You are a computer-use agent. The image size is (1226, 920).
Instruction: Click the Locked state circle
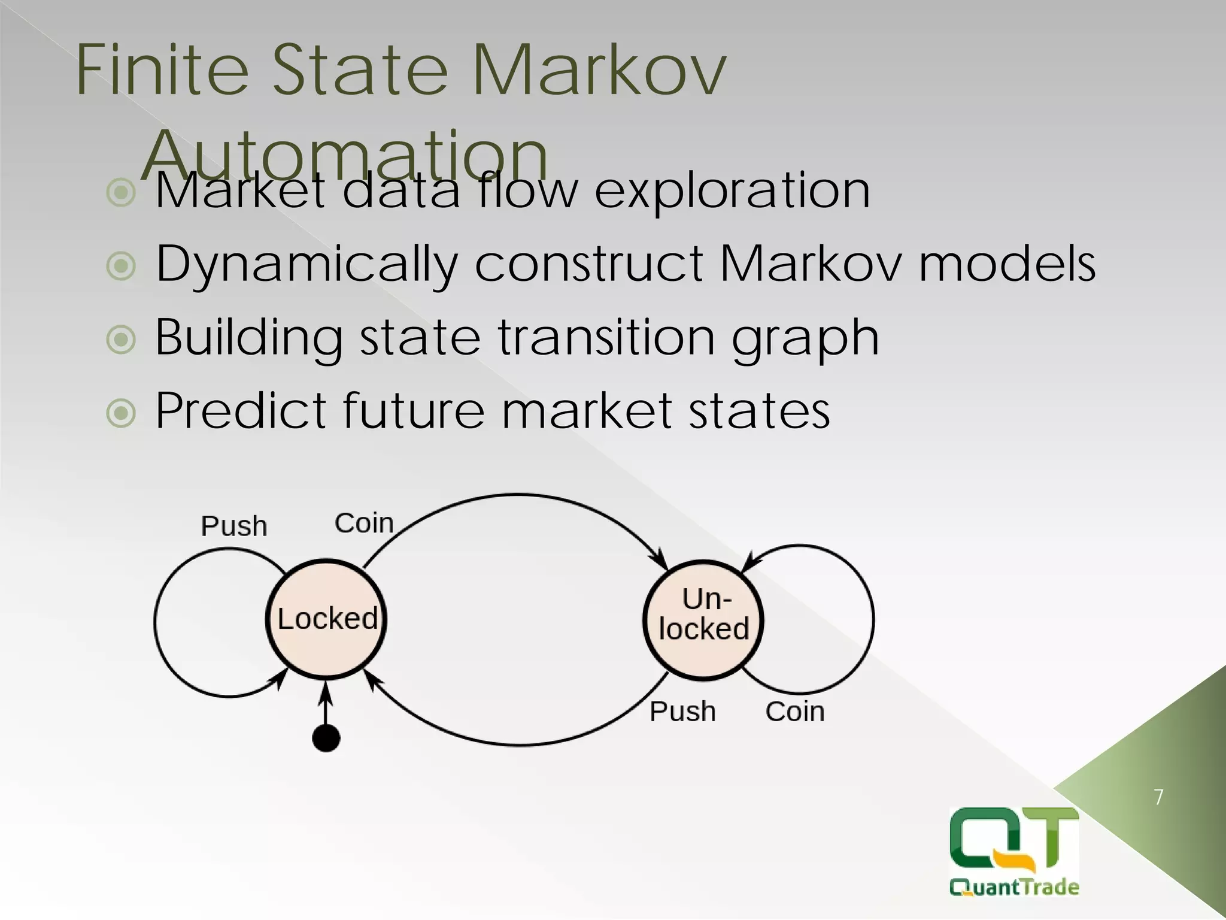click(326, 619)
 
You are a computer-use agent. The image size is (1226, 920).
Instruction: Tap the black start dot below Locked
click(326, 737)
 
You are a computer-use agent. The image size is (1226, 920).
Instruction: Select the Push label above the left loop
click(233, 526)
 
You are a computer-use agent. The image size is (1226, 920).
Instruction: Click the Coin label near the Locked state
click(364, 523)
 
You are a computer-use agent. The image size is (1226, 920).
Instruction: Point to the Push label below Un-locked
click(682, 712)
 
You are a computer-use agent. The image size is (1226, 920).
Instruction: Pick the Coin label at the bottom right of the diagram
click(794, 712)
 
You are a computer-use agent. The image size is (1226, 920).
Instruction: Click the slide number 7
click(1158, 797)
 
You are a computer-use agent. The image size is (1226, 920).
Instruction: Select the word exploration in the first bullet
click(732, 190)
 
